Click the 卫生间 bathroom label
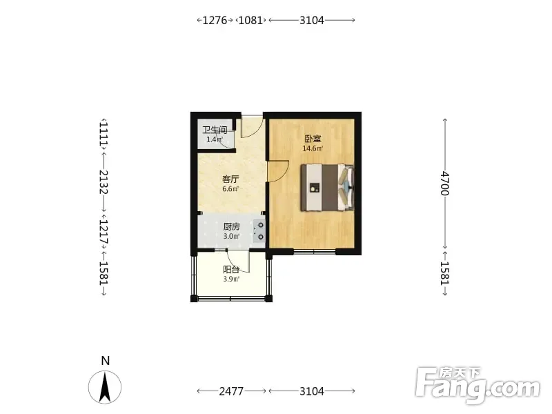pos(215,130)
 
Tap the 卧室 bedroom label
pos(313,139)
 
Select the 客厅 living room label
pos(230,179)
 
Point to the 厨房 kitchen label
pos(231,226)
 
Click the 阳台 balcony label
pos(231,270)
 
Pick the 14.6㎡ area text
pos(313,148)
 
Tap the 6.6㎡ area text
pos(230,188)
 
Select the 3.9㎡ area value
pos(231,279)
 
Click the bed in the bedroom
pos(327,188)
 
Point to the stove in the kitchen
pos(259,231)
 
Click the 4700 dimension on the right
pos(445,183)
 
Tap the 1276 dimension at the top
pos(215,21)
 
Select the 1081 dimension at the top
pos(250,21)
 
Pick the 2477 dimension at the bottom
pos(231,391)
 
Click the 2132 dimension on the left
pos(104,182)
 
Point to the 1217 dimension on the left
pos(104,233)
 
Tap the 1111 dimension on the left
pos(104,133)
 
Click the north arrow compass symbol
pos(105,387)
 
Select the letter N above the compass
pos(106,361)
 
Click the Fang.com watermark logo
pos(477,385)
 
